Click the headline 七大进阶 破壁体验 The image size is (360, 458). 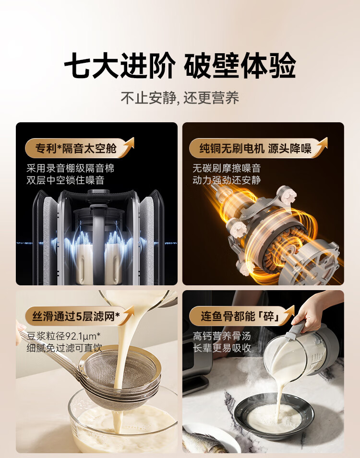pyautogui.click(x=180, y=66)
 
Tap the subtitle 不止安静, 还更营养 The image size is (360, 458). pyautogui.click(x=180, y=98)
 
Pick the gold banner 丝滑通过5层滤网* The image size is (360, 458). pyautogui.click(x=76, y=316)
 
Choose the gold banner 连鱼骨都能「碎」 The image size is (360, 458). pyautogui.click(x=240, y=316)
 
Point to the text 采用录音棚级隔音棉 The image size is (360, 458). pyautogui.click(x=70, y=168)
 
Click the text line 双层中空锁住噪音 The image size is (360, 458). pyautogui.click(x=65, y=180)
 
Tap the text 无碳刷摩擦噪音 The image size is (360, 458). pyautogui.click(x=227, y=168)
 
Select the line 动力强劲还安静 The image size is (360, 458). pyautogui.click(x=227, y=180)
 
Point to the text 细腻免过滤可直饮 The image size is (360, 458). pyautogui.click(x=64, y=348)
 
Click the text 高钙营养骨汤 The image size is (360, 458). pyautogui.click(x=222, y=336)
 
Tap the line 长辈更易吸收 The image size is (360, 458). pyautogui.click(x=222, y=348)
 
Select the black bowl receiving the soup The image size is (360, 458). pyautogui.click(x=274, y=416)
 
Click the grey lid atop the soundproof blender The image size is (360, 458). pyautogui.click(x=98, y=192)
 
